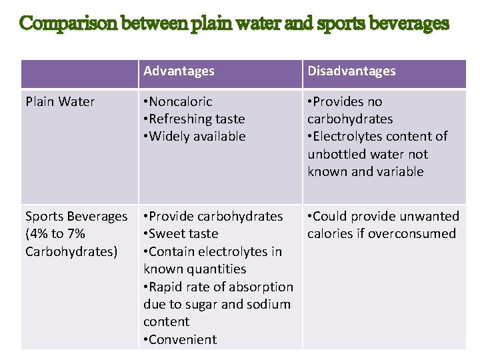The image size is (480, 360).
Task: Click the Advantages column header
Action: point(179,71)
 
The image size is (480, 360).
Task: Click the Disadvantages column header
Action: point(351,71)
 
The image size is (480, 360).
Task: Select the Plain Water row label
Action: point(60,101)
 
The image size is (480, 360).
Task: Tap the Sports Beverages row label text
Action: point(76,216)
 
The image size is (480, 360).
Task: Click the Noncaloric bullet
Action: point(180,101)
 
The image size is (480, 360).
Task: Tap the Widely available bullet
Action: point(197,136)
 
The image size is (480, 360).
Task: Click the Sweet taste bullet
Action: point(183,233)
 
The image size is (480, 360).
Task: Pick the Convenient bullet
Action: point(183,339)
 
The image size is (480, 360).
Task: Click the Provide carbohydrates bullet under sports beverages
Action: point(215,216)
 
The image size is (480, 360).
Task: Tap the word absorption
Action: point(259,287)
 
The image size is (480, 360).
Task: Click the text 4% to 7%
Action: point(55,233)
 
